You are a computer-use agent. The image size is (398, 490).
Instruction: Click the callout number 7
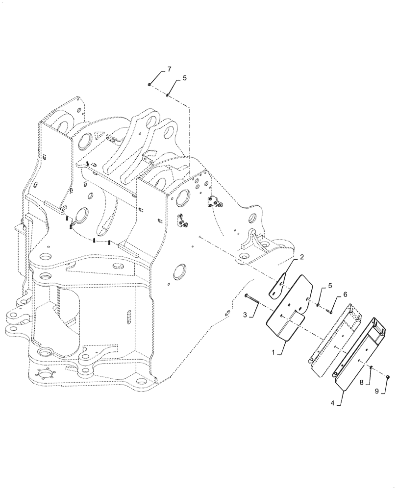(169, 69)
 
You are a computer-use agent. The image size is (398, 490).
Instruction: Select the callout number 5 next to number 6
(329, 286)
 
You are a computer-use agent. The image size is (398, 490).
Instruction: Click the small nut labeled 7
(149, 85)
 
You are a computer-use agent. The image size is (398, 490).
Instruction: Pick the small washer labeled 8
(372, 367)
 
